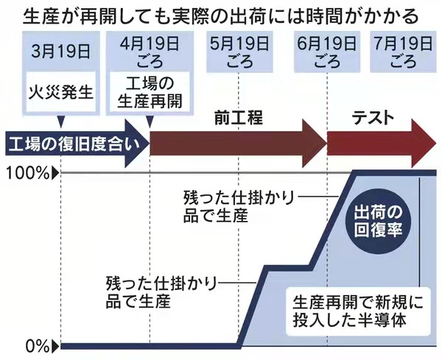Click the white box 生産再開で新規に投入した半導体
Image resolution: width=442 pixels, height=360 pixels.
[356, 310]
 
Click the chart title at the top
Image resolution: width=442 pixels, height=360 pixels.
[221, 15]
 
